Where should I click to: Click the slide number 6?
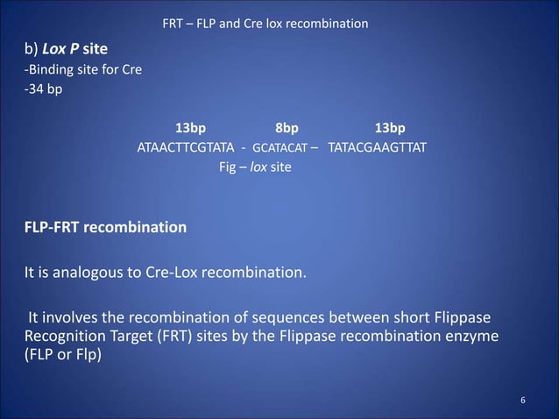(523, 401)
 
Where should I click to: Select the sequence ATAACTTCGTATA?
(186, 146)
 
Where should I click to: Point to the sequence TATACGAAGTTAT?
(378, 146)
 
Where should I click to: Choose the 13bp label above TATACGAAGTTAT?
(390, 125)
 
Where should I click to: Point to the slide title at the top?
(265, 21)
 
